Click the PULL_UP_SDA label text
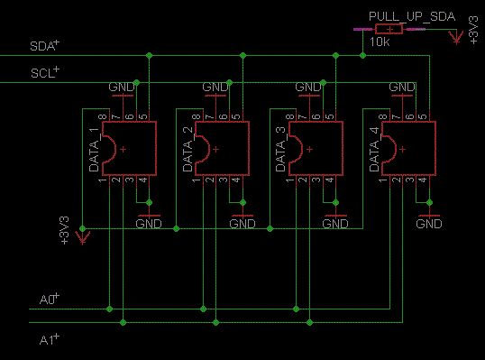pyautogui.click(x=412, y=17)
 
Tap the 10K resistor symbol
pyautogui.click(x=389, y=29)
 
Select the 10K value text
pyautogui.click(x=380, y=42)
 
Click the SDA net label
pyautogui.click(x=44, y=46)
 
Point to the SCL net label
pyautogui.click(x=45, y=72)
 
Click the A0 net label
pyautogui.click(x=50, y=299)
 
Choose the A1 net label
pyautogui.click(x=50, y=339)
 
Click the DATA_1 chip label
pyautogui.click(x=94, y=150)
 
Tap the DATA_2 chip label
pyautogui.click(x=188, y=150)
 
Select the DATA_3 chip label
pyautogui.click(x=281, y=150)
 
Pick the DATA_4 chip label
pyautogui.click(x=375, y=150)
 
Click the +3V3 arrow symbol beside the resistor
pyautogui.click(x=456, y=37)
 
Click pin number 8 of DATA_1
pyautogui.click(x=103, y=117)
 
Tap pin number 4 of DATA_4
pyautogui.click(x=423, y=180)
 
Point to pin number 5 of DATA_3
pyautogui.click(x=330, y=117)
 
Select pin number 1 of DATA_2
pyautogui.click(x=197, y=180)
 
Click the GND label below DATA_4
pyautogui.click(x=429, y=224)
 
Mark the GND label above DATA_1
pyautogui.click(x=122, y=87)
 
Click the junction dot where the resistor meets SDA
pyautogui.click(x=362, y=56)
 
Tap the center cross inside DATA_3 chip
pyautogui.click(x=309, y=149)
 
